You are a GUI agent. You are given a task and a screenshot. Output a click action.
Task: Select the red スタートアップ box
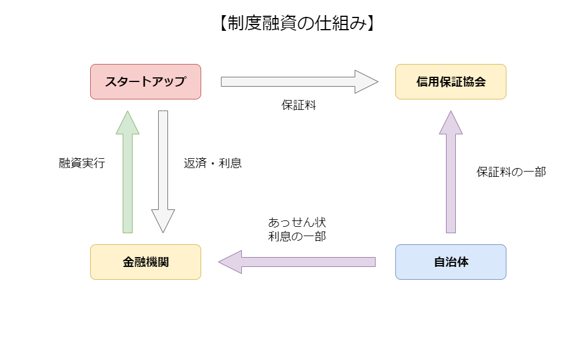[145, 81]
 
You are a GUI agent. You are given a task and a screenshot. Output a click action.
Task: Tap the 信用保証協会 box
[451, 81]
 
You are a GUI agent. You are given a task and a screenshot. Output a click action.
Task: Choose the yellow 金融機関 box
[145, 262]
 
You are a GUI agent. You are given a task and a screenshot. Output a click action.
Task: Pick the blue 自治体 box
[451, 262]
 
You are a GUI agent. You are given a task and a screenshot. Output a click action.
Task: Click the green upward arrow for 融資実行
[128, 180]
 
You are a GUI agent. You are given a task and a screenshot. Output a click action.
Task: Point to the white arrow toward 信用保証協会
[291, 81]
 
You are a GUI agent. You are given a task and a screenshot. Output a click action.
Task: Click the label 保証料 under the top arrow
[299, 106]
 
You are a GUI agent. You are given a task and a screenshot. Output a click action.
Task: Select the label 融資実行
[82, 163]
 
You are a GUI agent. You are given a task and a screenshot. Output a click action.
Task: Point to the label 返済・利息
[213, 163]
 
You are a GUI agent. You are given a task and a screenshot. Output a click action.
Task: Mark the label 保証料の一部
[511, 172]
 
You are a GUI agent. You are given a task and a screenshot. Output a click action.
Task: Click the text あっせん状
[297, 223]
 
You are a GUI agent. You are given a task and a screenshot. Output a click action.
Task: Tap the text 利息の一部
[297, 236]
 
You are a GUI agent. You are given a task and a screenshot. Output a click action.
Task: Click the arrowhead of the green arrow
[128, 124]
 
